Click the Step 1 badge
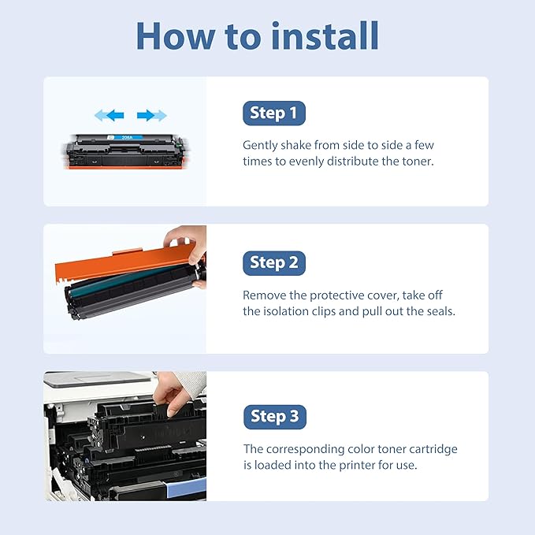pyautogui.click(x=273, y=113)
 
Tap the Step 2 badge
pyautogui.click(x=273, y=263)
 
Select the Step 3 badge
pyautogui.click(x=274, y=416)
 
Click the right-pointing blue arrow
pyautogui.click(x=151, y=116)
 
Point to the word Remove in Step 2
pyautogui.click(x=265, y=295)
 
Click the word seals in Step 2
pyautogui.click(x=437, y=311)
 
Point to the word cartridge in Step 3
pyautogui.click(x=433, y=449)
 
